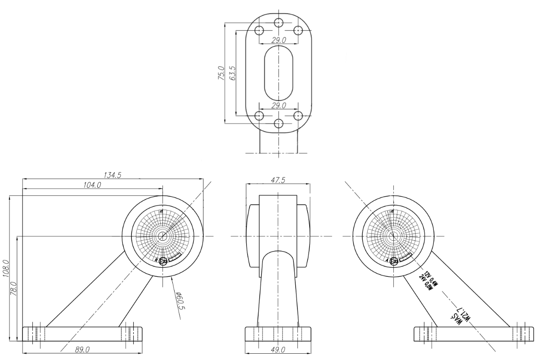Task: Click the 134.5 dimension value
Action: (112, 175)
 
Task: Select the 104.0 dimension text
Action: (92, 185)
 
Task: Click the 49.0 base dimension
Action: (278, 349)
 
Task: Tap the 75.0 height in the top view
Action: (221, 73)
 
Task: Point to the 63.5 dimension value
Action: (232, 73)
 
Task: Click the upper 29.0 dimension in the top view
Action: (279, 40)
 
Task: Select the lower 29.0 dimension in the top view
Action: (279, 105)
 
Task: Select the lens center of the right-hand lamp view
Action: (393, 236)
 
